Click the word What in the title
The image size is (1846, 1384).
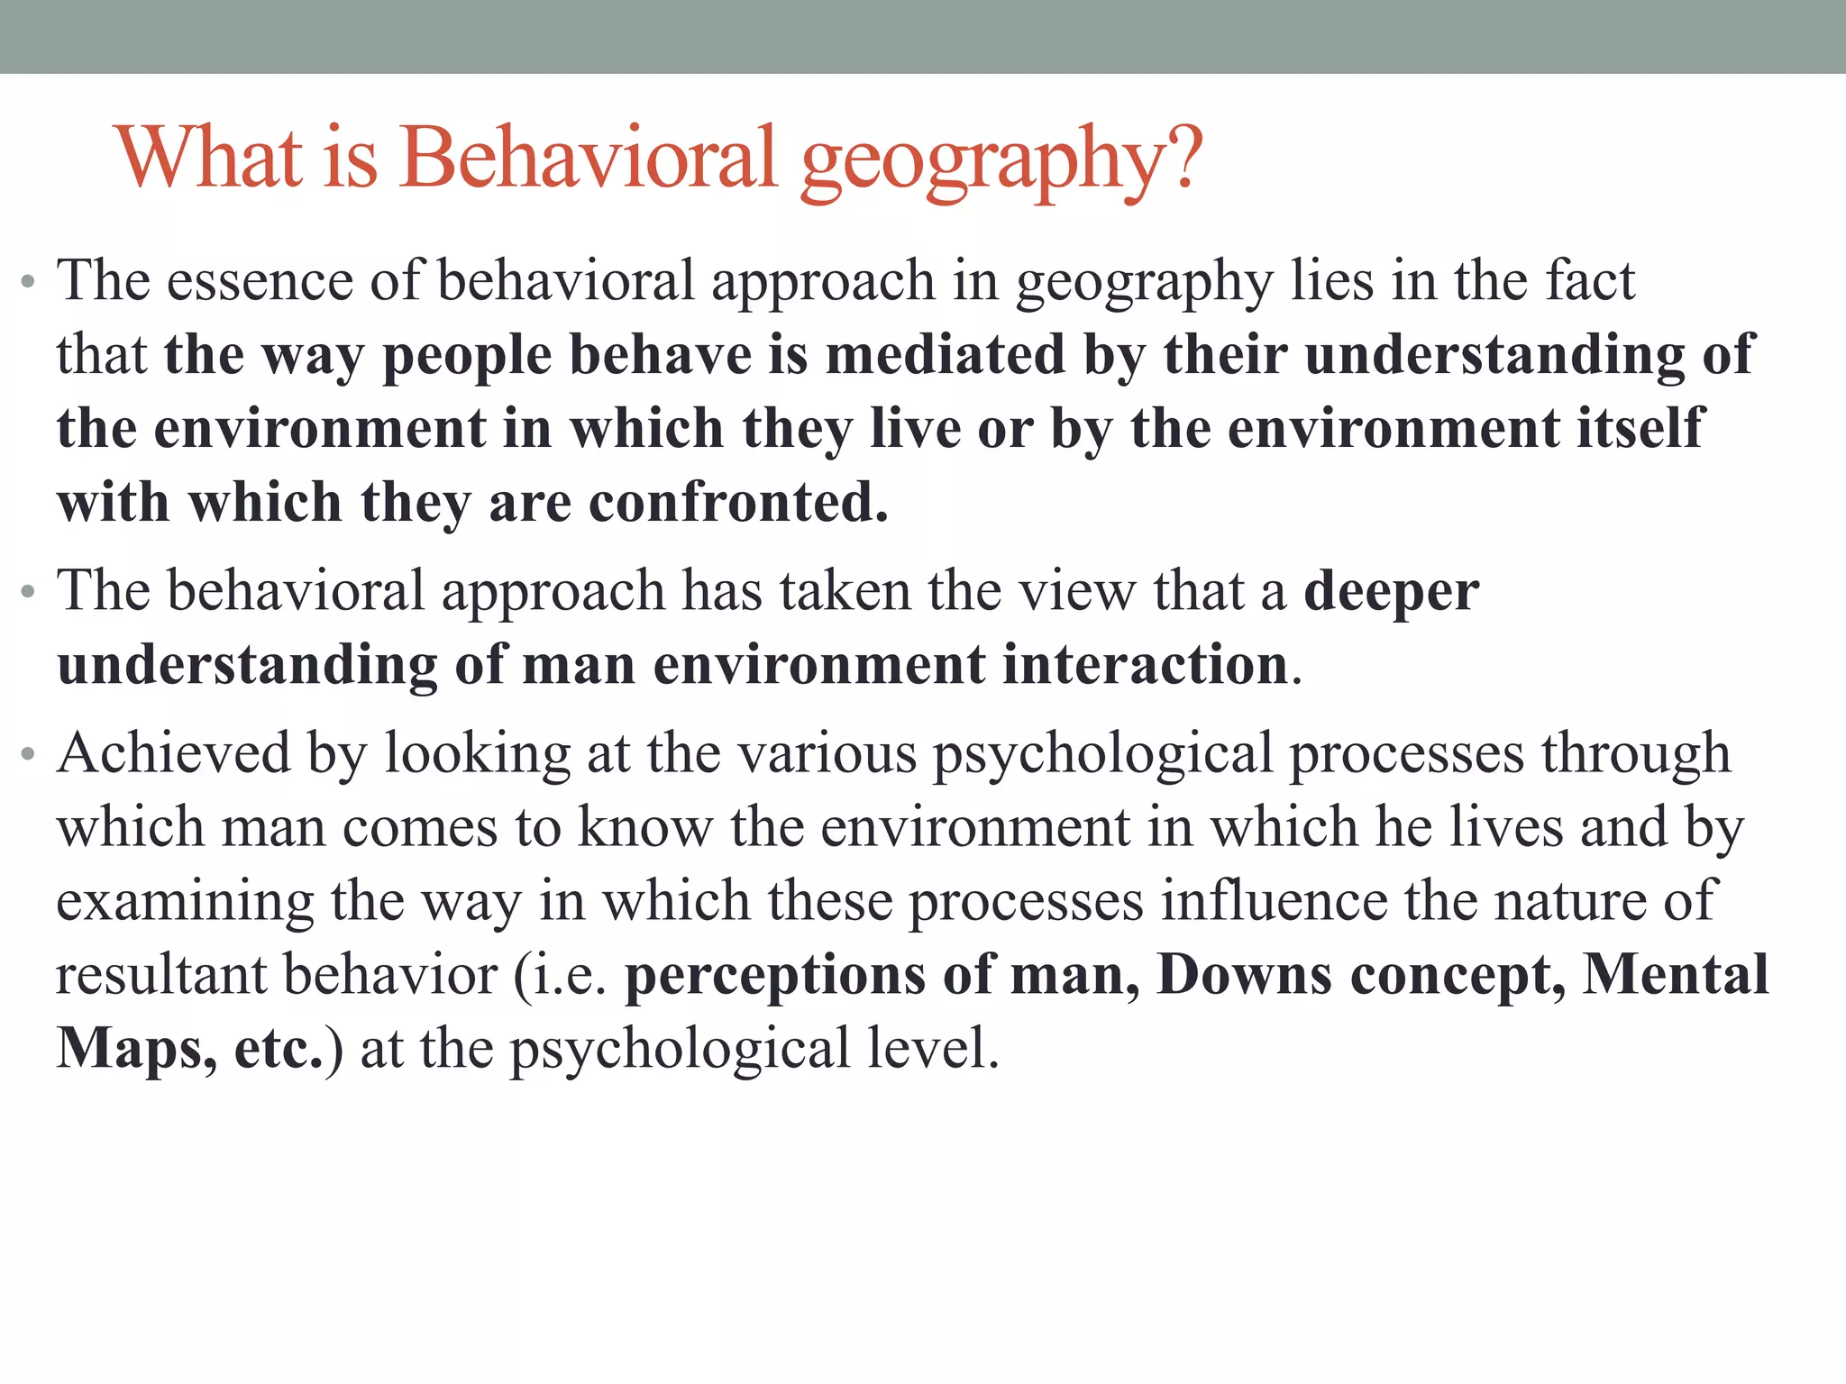pyautogui.click(x=209, y=158)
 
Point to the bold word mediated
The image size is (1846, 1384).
pyautogui.click(x=946, y=354)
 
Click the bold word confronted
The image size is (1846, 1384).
pyautogui.click(x=738, y=502)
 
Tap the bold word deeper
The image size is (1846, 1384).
pyautogui.click(x=1391, y=593)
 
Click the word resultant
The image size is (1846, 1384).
pyautogui.click(x=161, y=975)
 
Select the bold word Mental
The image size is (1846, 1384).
pyautogui.click(x=1676, y=975)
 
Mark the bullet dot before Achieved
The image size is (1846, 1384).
pyautogui.click(x=29, y=754)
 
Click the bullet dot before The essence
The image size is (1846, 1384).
pyautogui.click(x=29, y=282)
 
